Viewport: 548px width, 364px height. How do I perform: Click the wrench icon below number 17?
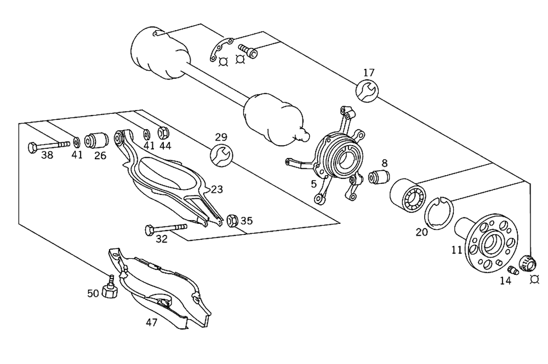[366, 90]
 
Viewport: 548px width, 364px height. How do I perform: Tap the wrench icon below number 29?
[221, 155]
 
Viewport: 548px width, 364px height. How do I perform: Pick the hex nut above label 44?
[163, 133]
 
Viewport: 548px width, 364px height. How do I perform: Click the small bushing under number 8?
[379, 177]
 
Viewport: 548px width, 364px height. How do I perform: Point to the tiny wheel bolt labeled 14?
[513, 270]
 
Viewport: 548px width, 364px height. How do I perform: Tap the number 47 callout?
[151, 322]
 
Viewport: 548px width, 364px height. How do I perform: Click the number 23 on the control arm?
[217, 190]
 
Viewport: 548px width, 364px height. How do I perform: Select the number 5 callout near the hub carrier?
[314, 184]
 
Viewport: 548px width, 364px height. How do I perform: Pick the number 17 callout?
[369, 72]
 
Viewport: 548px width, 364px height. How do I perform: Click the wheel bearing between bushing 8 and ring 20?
[408, 195]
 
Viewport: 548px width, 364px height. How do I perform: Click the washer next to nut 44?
[146, 134]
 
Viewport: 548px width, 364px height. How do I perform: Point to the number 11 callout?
[456, 250]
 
